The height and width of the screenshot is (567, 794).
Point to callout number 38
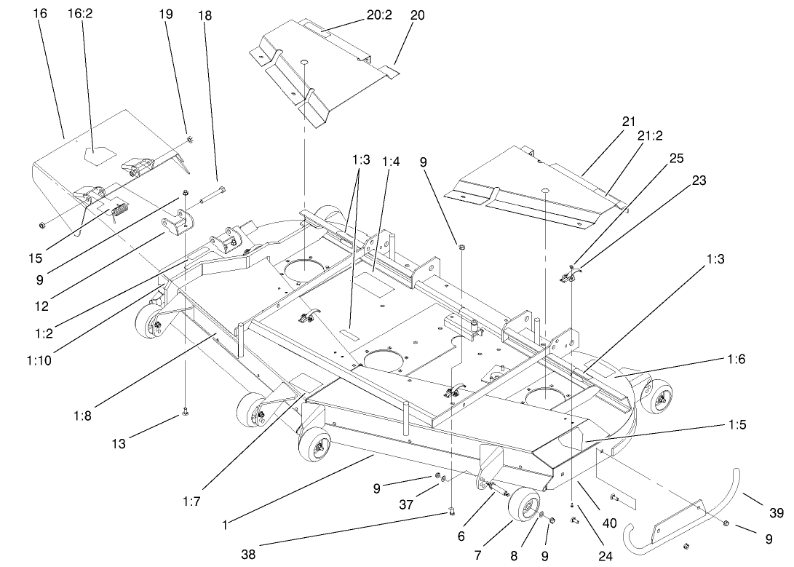coord(249,552)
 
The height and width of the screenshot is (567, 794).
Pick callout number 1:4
coord(391,161)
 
